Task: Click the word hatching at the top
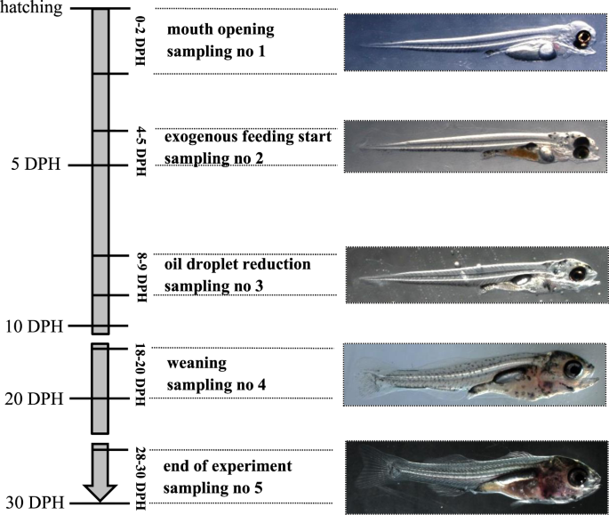[x=31, y=8]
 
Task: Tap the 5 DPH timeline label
[x=36, y=165]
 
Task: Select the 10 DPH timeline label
[x=32, y=326]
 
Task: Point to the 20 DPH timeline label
[x=32, y=398]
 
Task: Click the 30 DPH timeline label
[x=32, y=503]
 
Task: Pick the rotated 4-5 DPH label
[x=139, y=149]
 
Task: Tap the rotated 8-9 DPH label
[x=139, y=276]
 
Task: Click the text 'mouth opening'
[x=220, y=29]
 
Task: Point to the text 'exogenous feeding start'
[x=248, y=138]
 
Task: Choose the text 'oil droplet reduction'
[x=237, y=264]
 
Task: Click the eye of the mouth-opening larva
[x=583, y=38]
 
